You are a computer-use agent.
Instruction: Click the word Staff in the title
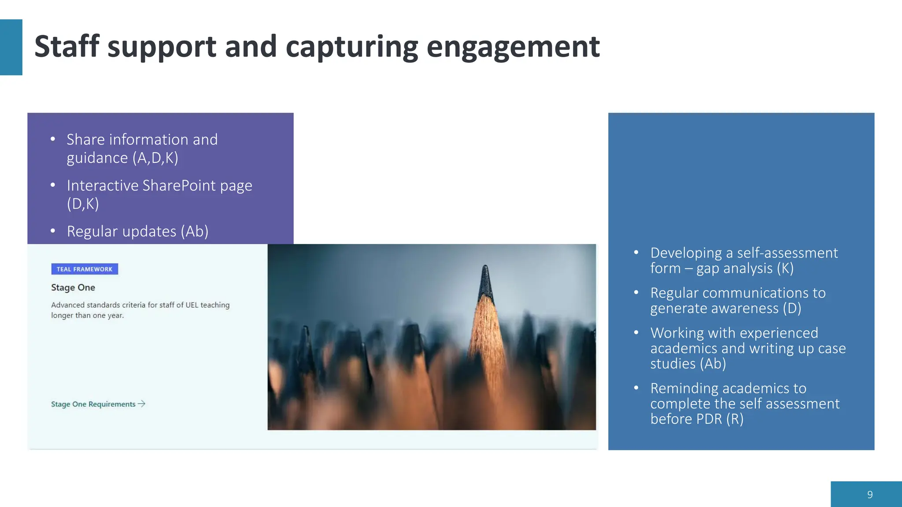click(67, 46)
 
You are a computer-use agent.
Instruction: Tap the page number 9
click(870, 495)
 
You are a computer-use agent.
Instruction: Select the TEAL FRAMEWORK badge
click(85, 269)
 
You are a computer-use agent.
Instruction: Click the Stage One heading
click(73, 287)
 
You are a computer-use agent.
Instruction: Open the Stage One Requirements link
click(93, 404)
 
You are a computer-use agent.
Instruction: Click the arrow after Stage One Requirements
click(142, 404)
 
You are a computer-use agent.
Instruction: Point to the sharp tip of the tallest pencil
click(485, 267)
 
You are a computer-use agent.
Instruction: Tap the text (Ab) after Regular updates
click(195, 231)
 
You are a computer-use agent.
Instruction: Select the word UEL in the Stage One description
click(192, 305)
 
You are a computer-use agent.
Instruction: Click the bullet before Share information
click(53, 140)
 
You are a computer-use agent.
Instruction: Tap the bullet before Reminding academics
click(636, 388)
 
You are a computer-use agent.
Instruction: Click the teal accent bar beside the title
click(11, 47)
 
